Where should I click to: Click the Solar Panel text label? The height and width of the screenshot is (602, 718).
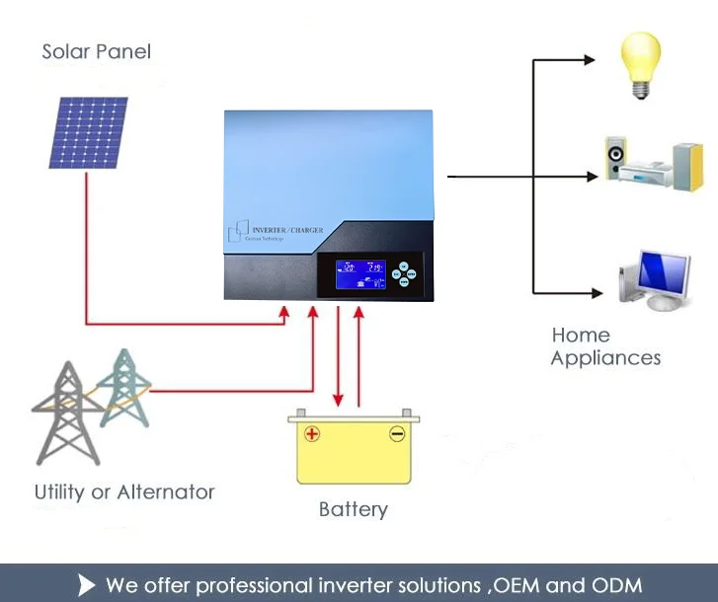[96, 51]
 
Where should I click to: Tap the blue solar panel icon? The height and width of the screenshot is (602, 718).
[88, 132]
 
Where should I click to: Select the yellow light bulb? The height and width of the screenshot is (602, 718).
[639, 64]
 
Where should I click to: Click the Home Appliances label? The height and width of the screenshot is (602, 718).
[605, 346]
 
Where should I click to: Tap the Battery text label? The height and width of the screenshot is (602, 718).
[353, 510]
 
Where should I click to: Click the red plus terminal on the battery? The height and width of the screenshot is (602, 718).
[312, 433]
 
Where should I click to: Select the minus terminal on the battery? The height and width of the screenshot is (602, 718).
[397, 433]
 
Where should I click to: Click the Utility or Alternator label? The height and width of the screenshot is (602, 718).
[124, 491]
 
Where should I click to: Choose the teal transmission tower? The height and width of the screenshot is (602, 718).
[123, 387]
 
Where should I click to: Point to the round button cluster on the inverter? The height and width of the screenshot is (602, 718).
[403, 273]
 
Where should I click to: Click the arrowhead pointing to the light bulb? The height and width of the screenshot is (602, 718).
[590, 60]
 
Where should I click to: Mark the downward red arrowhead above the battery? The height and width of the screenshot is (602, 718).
[338, 401]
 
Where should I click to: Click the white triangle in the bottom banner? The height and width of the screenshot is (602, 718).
[86, 584]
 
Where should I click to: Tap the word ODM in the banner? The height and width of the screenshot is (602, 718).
[617, 583]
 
